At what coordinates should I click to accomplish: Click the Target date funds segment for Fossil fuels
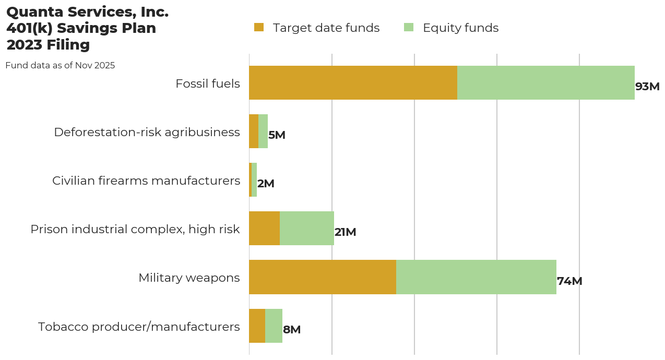(x=353, y=82)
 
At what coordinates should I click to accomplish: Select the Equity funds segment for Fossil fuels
(x=545, y=82)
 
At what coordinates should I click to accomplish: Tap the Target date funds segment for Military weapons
(x=322, y=277)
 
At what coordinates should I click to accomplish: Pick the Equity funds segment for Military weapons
(x=476, y=277)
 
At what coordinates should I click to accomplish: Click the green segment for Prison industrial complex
(x=307, y=229)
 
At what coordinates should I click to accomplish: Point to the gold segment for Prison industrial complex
(x=264, y=229)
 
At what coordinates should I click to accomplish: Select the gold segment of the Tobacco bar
(x=257, y=326)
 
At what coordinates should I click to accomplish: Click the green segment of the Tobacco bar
(x=274, y=326)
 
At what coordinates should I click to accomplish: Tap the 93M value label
(x=647, y=87)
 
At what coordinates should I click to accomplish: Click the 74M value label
(x=569, y=281)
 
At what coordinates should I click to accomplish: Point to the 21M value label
(x=345, y=232)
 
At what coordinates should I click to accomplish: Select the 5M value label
(x=277, y=135)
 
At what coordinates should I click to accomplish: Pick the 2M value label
(x=266, y=184)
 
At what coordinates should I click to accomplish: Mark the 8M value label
(x=292, y=330)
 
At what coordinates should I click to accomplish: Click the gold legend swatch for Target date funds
(x=259, y=28)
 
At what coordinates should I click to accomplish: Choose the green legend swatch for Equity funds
(x=409, y=28)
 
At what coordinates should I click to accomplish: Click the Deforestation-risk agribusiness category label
(x=147, y=132)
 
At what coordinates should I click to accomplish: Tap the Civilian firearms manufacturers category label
(x=146, y=181)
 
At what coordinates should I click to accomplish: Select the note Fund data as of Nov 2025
(x=60, y=66)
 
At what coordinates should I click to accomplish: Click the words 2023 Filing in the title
(x=48, y=45)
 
